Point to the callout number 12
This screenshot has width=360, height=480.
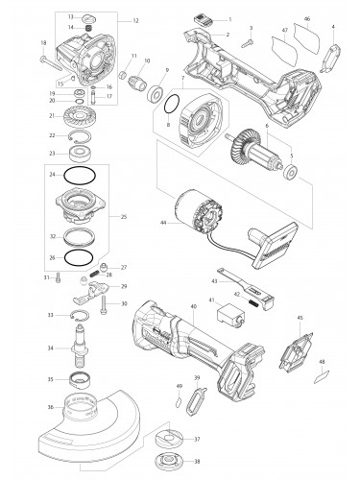[135, 20]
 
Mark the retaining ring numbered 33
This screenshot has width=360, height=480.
[84, 315]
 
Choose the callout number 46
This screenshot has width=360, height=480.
[307, 18]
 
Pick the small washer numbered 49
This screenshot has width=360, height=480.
[179, 401]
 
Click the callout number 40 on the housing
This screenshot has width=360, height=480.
[193, 307]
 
